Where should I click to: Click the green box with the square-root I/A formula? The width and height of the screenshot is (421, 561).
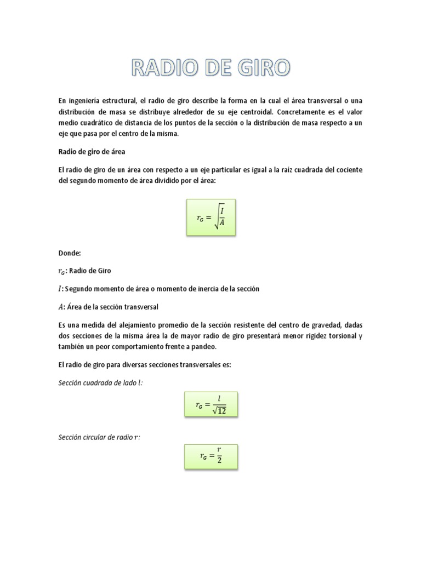(x=210, y=217)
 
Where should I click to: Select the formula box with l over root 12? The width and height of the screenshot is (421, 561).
(x=210, y=405)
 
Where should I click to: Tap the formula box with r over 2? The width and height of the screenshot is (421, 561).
(x=210, y=456)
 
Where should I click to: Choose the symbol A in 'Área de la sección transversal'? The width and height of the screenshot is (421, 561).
(x=61, y=306)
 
